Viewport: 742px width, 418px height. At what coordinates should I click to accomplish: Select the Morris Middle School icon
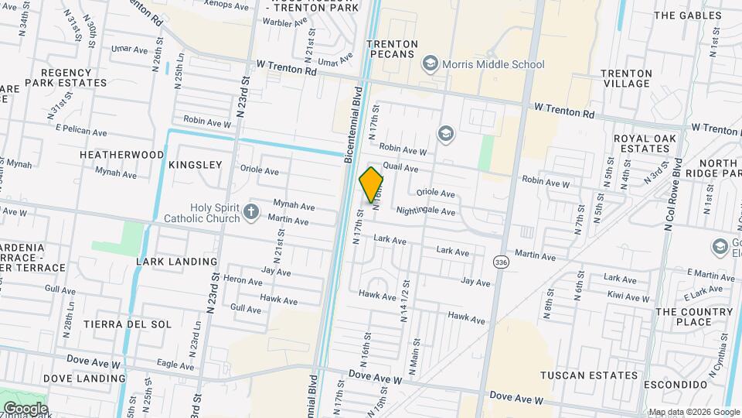pos(431,64)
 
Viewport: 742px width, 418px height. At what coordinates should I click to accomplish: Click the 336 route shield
pos(502,263)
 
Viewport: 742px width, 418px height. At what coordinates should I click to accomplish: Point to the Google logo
pos(25,409)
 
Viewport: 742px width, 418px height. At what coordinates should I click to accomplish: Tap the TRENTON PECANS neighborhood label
pos(392,50)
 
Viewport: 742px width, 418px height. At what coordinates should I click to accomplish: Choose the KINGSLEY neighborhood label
pos(195,165)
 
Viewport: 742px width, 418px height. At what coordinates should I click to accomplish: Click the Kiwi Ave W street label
pos(627,297)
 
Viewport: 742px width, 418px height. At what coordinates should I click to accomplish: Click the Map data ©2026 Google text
pos(693,412)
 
